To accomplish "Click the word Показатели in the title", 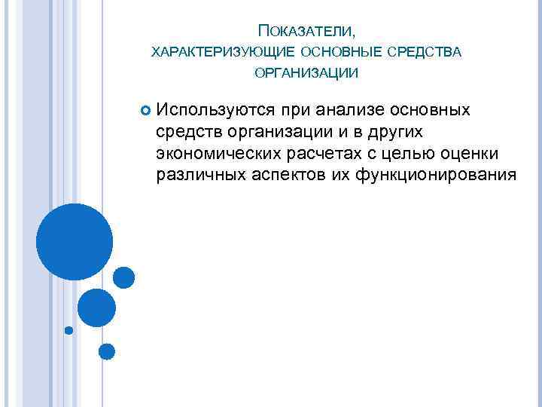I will (x=306, y=32).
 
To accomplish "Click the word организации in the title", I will (x=306, y=72).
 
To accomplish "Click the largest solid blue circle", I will (x=75, y=242).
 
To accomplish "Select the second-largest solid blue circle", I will (x=97, y=308).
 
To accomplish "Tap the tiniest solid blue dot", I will (x=69, y=330).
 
